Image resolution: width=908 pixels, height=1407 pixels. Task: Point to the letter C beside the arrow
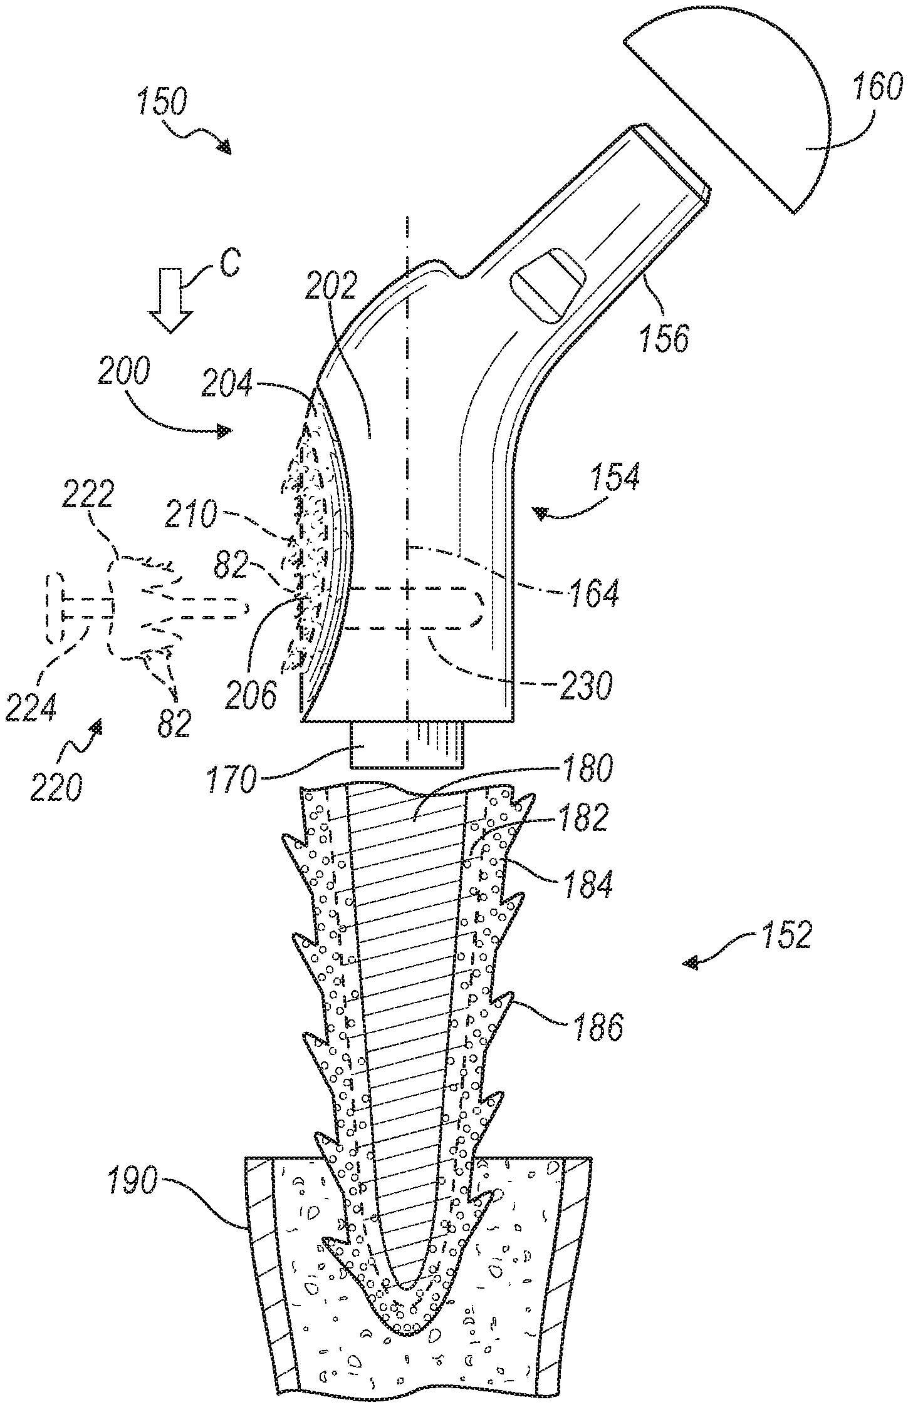tap(229, 264)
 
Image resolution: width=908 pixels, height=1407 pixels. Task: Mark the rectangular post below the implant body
tap(406, 745)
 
